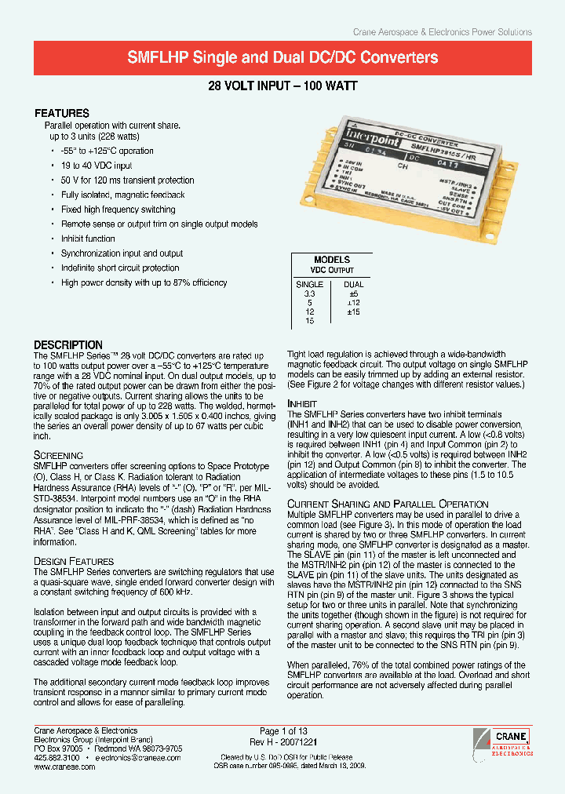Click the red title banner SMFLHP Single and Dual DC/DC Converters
(282, 57)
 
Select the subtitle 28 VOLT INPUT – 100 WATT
(282, 87)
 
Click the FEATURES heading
(62, 113)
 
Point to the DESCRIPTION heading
(68, 345)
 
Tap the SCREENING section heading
(58, 455)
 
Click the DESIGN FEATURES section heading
(74, 561)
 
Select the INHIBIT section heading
(303, 403)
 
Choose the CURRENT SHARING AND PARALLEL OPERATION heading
(388, 504)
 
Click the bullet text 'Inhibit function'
(88, 239)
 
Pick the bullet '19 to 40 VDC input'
(97, 166)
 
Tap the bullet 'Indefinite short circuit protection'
(120, 268)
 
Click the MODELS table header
(332, 260)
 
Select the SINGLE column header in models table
(309, 284)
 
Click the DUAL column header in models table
(354, 284)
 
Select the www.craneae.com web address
(64, 767)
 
